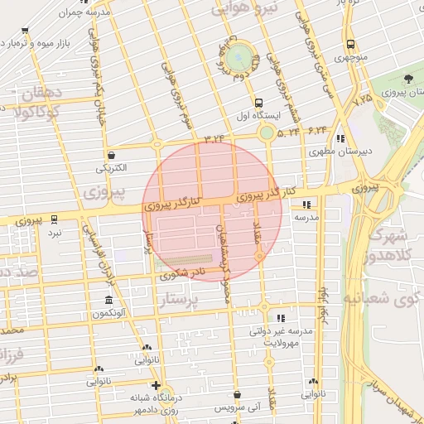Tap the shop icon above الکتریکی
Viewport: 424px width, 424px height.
point(111,154)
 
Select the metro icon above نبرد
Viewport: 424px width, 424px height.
point(55,219)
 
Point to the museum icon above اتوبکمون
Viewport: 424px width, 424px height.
point(108,300)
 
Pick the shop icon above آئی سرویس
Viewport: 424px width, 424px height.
point(238,395)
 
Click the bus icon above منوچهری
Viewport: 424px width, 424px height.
point(351,45)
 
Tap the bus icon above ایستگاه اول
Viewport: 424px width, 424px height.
point(258,104)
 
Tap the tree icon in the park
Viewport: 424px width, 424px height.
point(409,79)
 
